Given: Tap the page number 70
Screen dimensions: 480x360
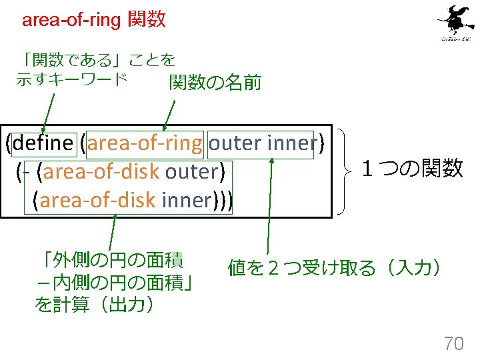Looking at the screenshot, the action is point(453,344).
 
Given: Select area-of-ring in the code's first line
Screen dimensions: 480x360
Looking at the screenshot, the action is point(145,143).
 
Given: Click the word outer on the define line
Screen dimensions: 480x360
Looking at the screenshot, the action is point(235,143).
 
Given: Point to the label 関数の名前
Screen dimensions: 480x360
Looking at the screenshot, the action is point(215,83).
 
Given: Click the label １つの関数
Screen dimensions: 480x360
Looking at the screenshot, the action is point(411,169).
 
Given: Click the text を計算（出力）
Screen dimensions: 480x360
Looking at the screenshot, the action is point(95,305).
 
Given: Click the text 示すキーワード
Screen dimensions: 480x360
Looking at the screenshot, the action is point(71,79).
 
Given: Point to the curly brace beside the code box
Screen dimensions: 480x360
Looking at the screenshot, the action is point(345,171).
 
